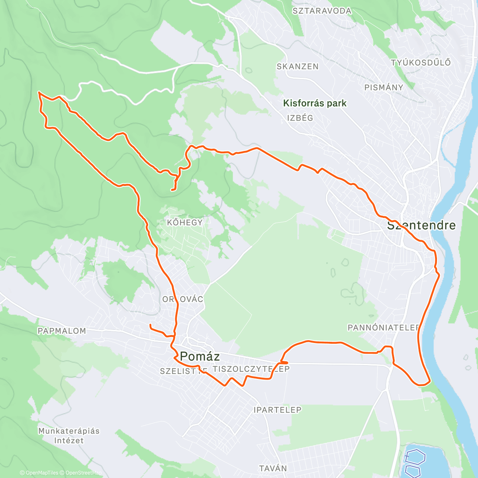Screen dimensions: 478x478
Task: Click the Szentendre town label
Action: (x=421, y=225)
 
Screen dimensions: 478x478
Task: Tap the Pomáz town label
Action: (x=200, y=356)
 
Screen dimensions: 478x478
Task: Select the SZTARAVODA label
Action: (x=322, y=11)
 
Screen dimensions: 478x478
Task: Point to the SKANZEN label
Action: (x=298, y=67)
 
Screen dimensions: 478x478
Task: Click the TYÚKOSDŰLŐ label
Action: (x=421, y=63)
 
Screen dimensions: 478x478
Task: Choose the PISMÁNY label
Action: (x=384, y=87)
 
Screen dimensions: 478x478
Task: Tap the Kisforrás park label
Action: (x=315, y=103)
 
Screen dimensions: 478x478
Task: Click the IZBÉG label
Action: (x=300, y=118)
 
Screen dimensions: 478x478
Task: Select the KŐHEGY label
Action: (x=185, y=222)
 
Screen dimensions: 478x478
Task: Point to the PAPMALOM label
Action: (x=62, y=331)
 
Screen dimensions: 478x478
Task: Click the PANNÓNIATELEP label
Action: (x=384, y=327)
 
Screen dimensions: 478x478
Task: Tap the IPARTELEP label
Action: (x=277, y=409)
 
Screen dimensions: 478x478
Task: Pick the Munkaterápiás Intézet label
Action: (x=69, y=435)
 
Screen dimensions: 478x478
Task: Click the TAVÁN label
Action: (x=273, y=468)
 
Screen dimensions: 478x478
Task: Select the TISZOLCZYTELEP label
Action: (x=251, y=369)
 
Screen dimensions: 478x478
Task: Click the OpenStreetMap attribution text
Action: (x=83, y=473)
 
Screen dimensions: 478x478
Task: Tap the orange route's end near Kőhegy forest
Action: (x=172, y=190)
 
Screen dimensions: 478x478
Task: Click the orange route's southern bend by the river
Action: (x=422, y=384)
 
